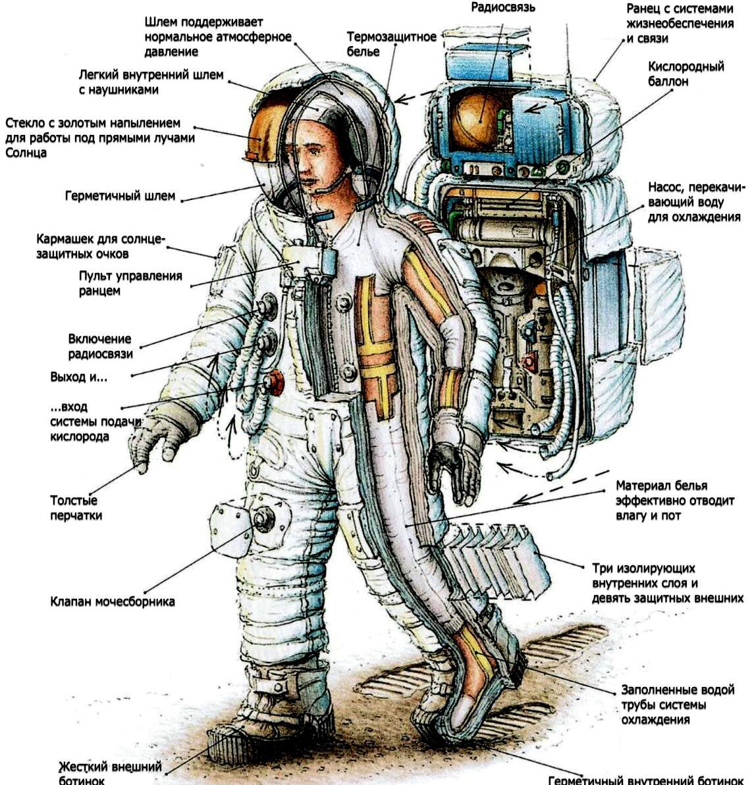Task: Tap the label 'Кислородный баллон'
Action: click(686, 74)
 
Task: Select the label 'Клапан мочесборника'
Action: click(112, 601)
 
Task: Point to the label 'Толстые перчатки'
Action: click(76, 507)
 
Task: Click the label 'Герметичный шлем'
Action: click(121, 195)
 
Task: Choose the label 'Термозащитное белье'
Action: click(391, 44)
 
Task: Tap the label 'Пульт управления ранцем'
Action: click(130, 283)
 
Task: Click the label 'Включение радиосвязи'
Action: click(100, 346)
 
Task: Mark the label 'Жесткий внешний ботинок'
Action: click(110, 773)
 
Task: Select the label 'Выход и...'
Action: click(78, 376)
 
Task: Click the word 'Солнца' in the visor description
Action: click(26, 153)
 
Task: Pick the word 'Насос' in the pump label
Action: click(665, 188)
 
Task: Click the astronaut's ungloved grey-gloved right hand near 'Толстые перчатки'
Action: click(150, 443)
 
